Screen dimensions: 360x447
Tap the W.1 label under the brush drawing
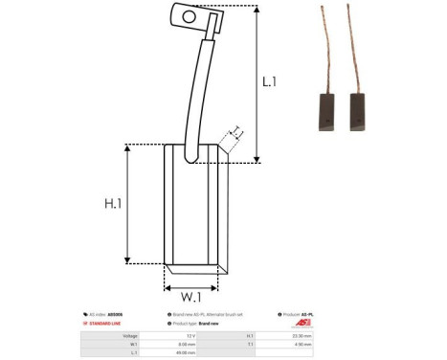pyautogui.click(x=190, y=295)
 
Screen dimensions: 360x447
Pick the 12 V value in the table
pyautogui.click(x=189, y=336)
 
